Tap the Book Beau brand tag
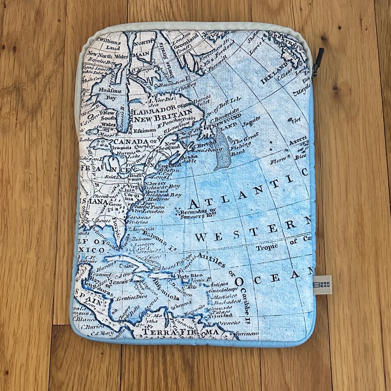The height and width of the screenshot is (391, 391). tap(323, 285)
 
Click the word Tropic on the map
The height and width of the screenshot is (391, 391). tap(267, 247)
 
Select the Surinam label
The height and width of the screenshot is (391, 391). tap(247, 334)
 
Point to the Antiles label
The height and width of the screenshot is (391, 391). tap(211, 259)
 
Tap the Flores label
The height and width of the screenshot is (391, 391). tap(278, 160)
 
